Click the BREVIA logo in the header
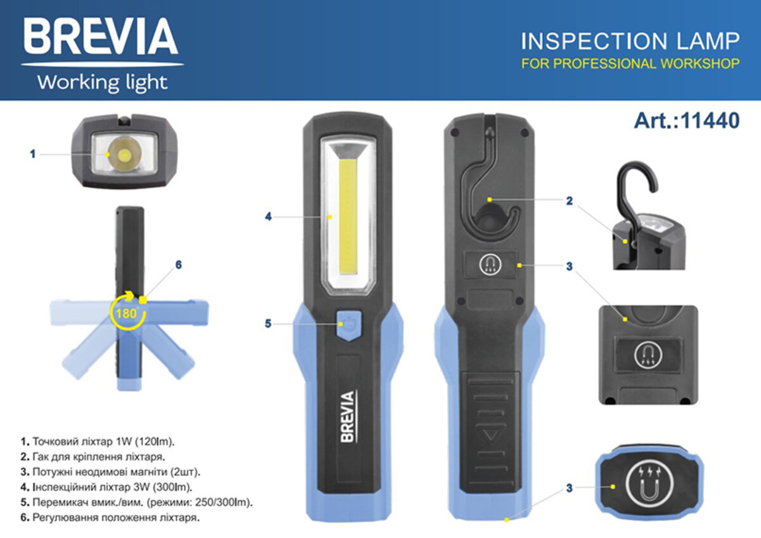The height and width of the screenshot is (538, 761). [x=101, y=37]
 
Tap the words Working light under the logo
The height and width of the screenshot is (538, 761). [x=101, y=82]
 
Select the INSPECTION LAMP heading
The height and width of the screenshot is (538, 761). [x=630, y=41]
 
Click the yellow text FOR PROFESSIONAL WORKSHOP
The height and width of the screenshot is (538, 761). [x=630, y=63]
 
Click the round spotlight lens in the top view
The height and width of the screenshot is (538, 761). [x=124, y=154]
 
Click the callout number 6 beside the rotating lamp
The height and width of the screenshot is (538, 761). [x=178, y=265]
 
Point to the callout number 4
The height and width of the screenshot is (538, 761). [x=268, y=216]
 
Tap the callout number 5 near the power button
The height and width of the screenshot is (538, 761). [x=268, y=324]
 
